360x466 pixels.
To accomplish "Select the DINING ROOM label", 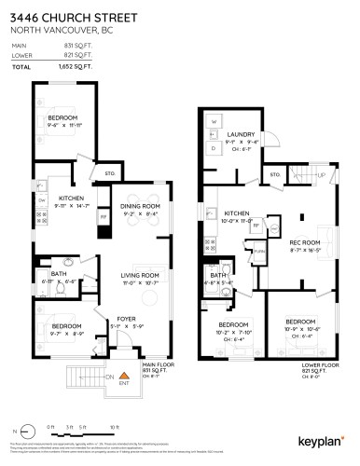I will coord(141,206).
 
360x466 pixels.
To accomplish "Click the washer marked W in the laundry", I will coord(214,122).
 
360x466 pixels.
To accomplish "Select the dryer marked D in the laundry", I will coord(214,147).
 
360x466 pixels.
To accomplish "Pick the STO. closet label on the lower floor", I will coord(275,174).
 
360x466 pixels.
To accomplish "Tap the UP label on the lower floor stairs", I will coord(320,174).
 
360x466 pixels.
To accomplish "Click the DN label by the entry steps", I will coord(109,375).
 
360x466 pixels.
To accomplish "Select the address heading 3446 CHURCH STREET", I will coord(72,18).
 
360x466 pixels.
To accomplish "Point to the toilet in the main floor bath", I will coord(61,291).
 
